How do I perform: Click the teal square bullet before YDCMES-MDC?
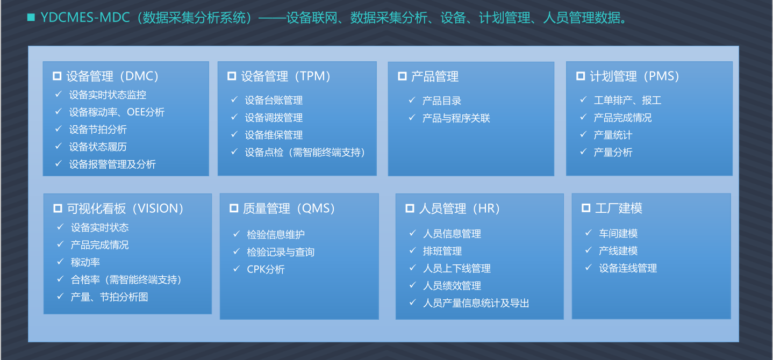click(31, 17)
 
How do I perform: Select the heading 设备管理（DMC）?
click(112, 76)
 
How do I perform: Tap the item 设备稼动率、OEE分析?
click(117, 112)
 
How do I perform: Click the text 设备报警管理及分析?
click(112, 164)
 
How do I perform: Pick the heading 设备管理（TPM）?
click(286, 76)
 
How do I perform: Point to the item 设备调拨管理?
click(274, 118)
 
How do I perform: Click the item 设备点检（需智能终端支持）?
click(305, 153)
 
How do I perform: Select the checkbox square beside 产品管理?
click(402, 76)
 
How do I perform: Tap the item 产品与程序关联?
click(456, 118)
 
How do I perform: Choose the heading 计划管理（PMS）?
click(635, 76)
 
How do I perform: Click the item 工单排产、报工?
click(627, 100)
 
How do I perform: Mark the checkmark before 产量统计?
click(583, 134)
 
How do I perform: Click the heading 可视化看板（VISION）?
click(125, 208)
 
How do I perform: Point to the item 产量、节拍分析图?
click(110, 297)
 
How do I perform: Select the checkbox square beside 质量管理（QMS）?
click(234, 208)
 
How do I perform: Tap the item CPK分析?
click(266, 269)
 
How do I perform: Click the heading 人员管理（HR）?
click(459, 208)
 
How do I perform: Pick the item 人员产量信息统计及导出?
click(476, 303)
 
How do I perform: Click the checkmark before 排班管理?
click(413, 250)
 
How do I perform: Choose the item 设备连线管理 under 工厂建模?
click(628, 268)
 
